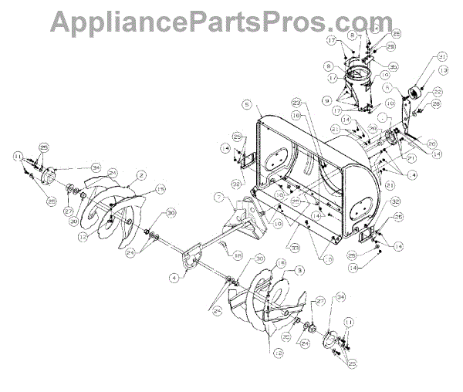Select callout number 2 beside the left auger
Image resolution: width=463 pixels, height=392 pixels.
coord(141,176)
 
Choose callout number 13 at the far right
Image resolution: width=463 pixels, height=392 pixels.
coord(443,69)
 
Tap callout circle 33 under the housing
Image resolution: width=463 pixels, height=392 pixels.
coord(252,247)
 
